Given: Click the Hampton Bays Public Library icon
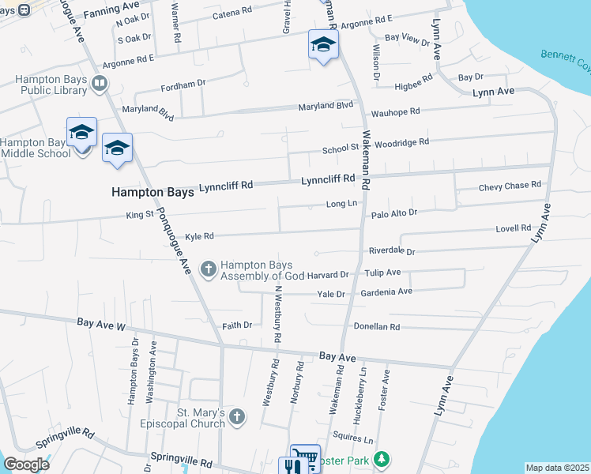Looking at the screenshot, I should (x=100, y=84).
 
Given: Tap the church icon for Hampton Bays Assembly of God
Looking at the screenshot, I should (x=209, y=270).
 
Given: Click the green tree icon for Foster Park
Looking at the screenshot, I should (x=382, y=459).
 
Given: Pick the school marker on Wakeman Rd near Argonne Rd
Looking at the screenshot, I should (x=322, y=47).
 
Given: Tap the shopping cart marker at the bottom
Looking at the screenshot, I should (x=304, y=457).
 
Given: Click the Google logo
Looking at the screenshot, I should (x=26, y=465).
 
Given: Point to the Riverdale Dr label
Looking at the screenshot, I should (x=392, y=251).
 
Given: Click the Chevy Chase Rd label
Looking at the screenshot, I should (x=510, y=186).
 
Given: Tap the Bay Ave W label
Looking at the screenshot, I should (x=101, y=324).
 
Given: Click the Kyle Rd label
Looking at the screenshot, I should (x=200, y=235).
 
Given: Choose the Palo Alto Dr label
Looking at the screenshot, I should (x=393, y=213).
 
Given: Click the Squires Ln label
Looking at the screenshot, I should (x=352, y=438).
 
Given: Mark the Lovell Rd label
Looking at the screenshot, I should (x=514, y=228).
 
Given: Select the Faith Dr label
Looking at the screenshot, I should (x=237, y=325).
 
